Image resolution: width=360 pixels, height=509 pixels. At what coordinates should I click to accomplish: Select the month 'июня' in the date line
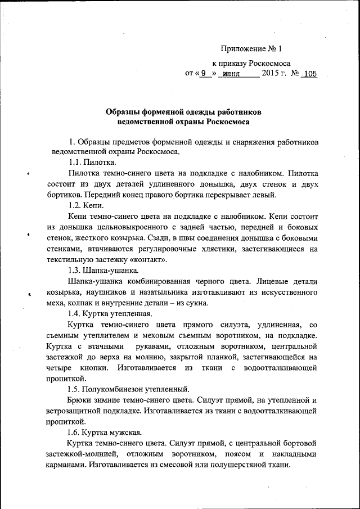(231, 74)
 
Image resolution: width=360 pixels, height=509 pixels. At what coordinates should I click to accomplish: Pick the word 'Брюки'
(79, 400)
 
